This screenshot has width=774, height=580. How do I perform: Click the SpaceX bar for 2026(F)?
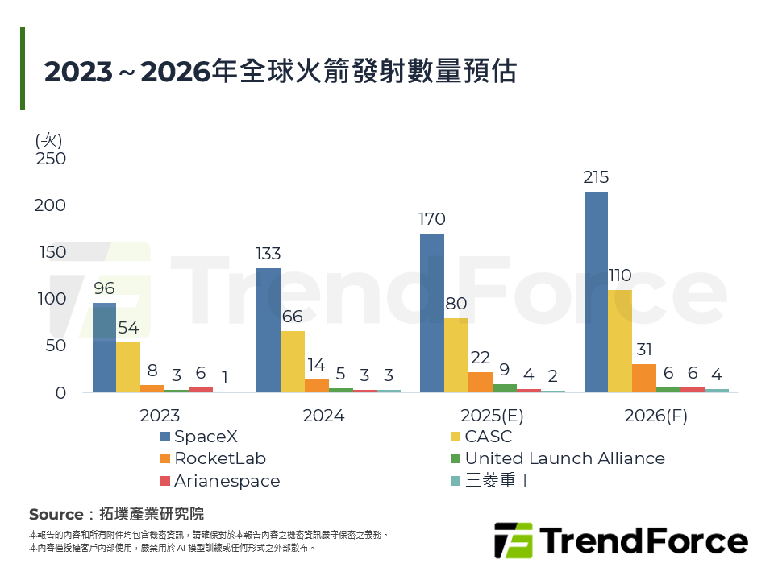[596, 292]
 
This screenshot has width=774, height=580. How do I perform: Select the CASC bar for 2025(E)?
[456, 355]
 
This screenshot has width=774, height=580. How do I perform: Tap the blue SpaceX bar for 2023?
[104, 347]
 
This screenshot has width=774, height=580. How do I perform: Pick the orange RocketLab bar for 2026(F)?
[643, 378]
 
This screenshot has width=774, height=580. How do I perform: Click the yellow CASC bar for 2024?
[293, 362]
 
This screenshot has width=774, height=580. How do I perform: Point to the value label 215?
[596, 177]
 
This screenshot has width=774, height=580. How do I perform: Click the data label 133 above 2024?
[268, 255]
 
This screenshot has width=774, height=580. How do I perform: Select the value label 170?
[432, 219]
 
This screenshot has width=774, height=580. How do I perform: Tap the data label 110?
[619, 275]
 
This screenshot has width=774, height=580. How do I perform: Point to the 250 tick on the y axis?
[51, 159]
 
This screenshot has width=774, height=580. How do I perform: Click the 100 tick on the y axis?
[51, 299]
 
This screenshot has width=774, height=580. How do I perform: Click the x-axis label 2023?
[160, 416]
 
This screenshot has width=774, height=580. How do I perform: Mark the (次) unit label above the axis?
[49, 139]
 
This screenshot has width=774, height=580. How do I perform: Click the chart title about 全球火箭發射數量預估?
[280, 71]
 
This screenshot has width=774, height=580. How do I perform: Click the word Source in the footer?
[56, 514]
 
